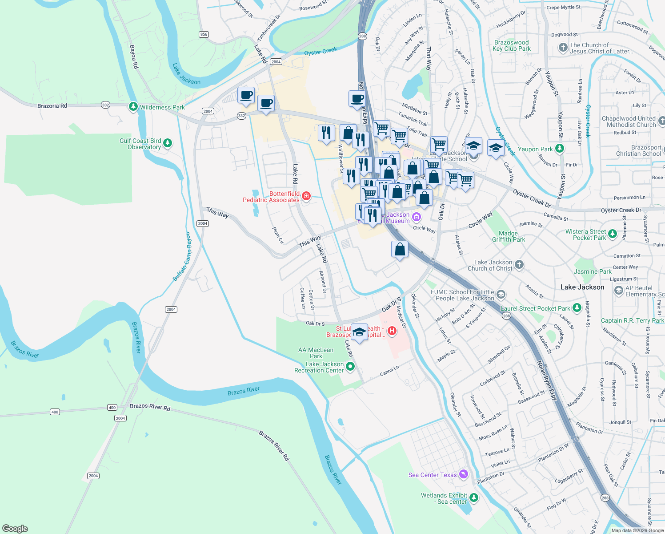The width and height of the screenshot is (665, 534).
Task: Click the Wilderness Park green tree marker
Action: click(133, 107)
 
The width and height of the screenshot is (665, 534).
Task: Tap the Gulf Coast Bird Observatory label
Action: click(140, 144)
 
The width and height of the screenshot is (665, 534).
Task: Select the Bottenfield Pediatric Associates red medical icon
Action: click(306, 196)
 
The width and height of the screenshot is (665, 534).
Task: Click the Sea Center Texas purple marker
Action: click(464, 474)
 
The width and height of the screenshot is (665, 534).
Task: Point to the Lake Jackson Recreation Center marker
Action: click(350, 367)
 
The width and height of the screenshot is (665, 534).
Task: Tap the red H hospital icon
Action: click(392, 331)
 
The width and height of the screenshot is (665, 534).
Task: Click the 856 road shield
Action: click(204, 34)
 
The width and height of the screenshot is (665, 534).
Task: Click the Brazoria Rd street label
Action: click(52, 106)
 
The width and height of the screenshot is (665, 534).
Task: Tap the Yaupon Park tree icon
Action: click(560, 149)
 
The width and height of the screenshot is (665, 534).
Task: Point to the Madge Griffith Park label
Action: click(509, 236)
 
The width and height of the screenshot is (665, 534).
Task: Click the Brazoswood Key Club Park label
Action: click(512, 45)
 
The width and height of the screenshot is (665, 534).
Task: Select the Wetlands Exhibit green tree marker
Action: click(474, 498)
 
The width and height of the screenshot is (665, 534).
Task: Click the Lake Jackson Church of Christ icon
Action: click(519, 265)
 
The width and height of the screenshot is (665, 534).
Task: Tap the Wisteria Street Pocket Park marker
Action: click(613, 234)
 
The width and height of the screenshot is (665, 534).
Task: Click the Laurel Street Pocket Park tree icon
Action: click(577, 308)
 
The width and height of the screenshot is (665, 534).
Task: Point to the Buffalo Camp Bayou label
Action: click(183, 257)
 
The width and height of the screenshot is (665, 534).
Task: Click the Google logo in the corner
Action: click(15, 528)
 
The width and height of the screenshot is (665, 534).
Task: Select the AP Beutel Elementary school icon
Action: click(618, 291)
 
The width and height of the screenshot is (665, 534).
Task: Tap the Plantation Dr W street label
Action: click(553, 453)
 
